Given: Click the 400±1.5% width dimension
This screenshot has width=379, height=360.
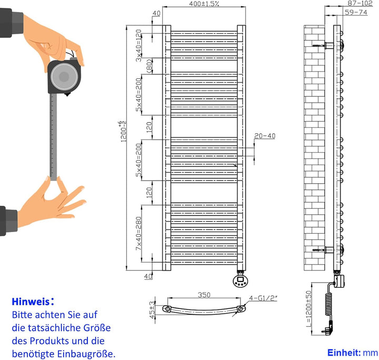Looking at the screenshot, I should click(204, 4).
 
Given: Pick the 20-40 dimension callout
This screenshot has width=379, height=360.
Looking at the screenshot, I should click(264, 136).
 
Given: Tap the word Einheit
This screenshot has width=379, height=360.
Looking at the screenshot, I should click(343, 353).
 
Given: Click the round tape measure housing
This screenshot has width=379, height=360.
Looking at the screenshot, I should click(65, 77).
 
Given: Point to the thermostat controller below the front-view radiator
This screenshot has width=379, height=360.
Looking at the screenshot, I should click(242, 278).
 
